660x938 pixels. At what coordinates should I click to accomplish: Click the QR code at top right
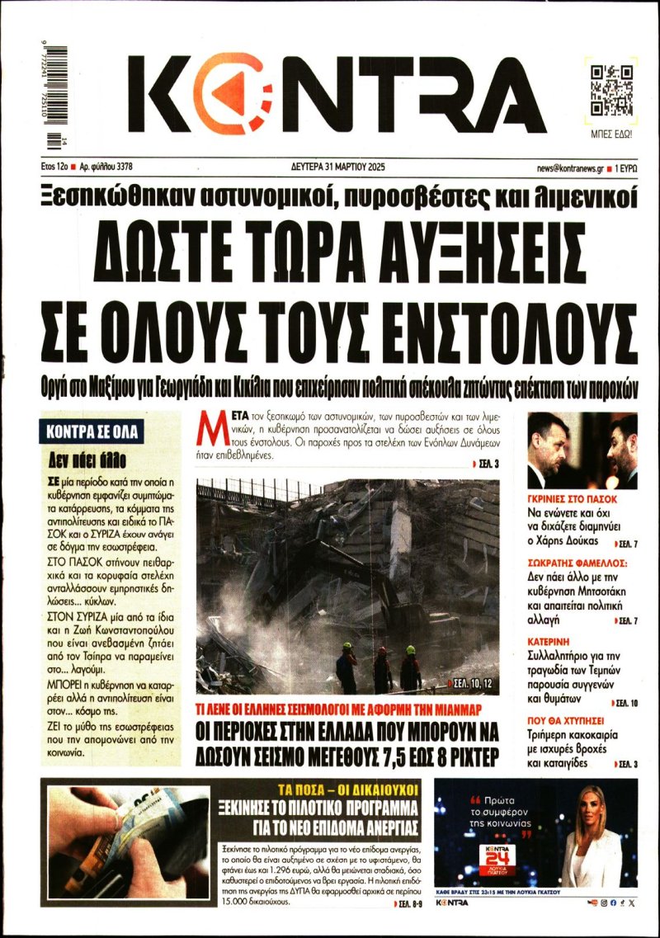pos(612,89)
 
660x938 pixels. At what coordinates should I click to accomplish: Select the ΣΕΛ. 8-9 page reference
pos(403,905)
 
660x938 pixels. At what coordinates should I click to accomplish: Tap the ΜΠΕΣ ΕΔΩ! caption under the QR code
pos(612,132)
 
